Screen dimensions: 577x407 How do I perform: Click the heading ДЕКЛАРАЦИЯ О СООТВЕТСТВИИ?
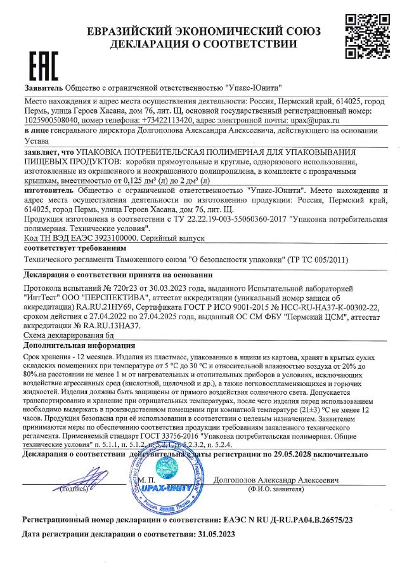[x=203, y=44]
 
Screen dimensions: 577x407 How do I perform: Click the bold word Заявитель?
[x=44, y=88]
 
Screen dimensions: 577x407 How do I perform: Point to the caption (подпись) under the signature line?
[x=74, y=490]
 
